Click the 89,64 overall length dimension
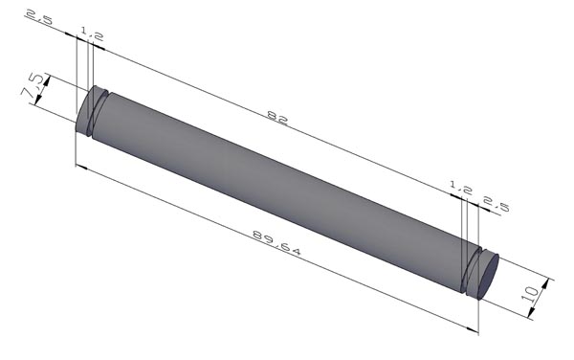[276, 242]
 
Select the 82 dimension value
[277, 117]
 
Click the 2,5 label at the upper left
[39, 17]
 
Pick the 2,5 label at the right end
[497, 204]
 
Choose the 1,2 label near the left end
[92, 34]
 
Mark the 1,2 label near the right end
[461, 188]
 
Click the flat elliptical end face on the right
[489, 276]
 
